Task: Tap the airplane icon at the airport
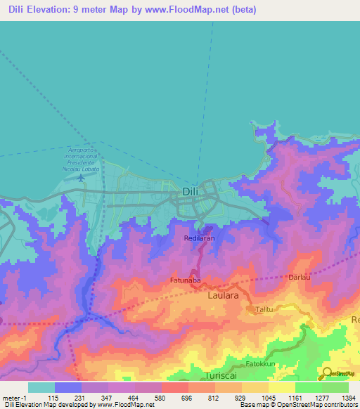pyautogui.click(x=81, y=178)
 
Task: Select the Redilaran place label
pyautogui.click(x=200, y=238)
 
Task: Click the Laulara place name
pyautogui.click(x=224, y=297)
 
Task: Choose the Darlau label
pyautogui.click(x=299, y=278)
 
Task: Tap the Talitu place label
pyautogui.click(x=264, y=309)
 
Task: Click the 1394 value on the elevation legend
pyautogui.click(x=348, y=398)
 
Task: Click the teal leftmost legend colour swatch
pyautogui.click(x=41, y=387)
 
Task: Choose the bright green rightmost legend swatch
pyautogui.click(x=335, y=387)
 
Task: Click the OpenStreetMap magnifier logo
pyautogui.click(x=328, y=372)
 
